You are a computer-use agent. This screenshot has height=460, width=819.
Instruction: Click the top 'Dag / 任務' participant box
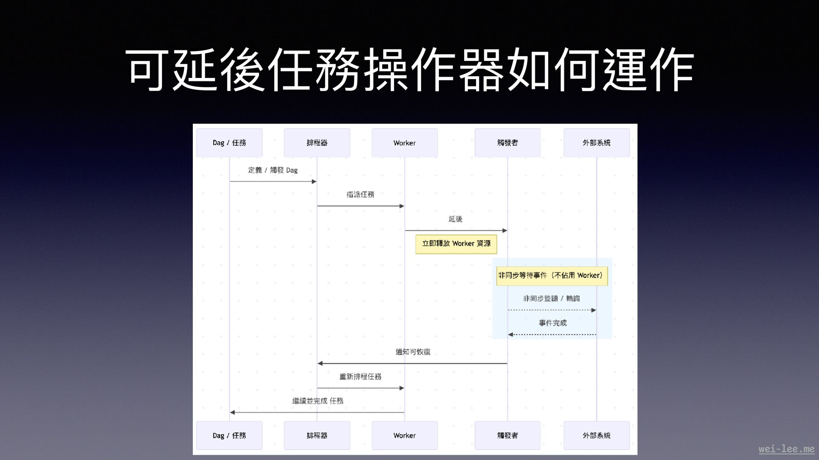pos(229,143)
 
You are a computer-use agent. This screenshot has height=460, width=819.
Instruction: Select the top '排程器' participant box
pos(317,143)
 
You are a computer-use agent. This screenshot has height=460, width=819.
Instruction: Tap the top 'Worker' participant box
pos(404,143)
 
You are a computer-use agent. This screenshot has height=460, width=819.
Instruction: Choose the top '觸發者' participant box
pos(507,143)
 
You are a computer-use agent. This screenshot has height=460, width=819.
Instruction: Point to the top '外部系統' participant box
pos(596,143)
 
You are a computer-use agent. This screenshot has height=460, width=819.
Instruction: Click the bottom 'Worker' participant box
pos(404,435)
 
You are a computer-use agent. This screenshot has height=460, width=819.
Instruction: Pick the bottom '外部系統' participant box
pos(596,435)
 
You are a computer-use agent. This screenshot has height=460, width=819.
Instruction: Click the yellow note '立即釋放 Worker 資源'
pos(456,244)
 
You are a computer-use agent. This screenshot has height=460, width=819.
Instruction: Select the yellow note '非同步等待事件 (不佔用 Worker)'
pos(552,276)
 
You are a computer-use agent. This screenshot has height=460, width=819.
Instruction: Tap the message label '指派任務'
pos(360,195)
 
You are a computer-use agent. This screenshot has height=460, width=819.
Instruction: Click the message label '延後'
pos(456,219)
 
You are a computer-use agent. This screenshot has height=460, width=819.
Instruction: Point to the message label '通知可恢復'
pos(413,352)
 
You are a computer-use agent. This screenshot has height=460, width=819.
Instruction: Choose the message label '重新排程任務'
pos(360,377)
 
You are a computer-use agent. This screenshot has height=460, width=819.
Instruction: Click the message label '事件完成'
pos(553,323)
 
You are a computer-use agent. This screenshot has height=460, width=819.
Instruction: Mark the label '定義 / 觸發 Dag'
pos(273,170)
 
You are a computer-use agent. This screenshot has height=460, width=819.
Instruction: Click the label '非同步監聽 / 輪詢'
pos(552,299)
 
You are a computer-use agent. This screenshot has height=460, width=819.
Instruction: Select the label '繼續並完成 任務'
pos(318,401)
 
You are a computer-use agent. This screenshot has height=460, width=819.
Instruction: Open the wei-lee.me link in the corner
pos(786,449)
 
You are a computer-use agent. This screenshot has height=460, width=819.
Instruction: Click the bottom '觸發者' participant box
pos(507,435)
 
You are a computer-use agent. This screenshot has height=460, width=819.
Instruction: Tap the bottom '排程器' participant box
pos(317,435)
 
